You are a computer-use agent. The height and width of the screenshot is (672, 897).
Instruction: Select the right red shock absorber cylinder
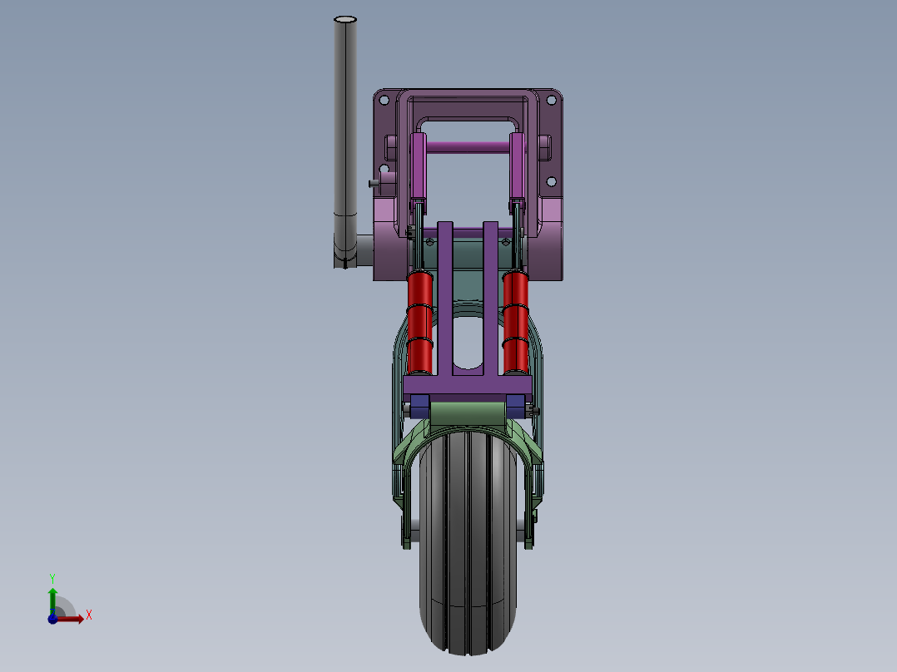point(515,320)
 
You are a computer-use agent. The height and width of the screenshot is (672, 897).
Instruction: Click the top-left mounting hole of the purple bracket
point(384,100)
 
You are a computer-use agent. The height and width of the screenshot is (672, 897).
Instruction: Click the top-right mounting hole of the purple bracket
point(549,100)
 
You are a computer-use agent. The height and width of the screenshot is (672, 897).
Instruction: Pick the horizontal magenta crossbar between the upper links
point(468,147)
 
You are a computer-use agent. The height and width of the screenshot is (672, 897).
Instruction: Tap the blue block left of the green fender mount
point(419,407)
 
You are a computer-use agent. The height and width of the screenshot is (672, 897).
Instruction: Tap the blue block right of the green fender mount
point(516,407)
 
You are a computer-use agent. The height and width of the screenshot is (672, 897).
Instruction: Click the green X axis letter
point(88,615)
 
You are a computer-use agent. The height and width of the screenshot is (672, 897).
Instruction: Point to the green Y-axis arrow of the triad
point(52,597)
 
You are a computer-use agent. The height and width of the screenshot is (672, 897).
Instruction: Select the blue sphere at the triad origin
point(52,618)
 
